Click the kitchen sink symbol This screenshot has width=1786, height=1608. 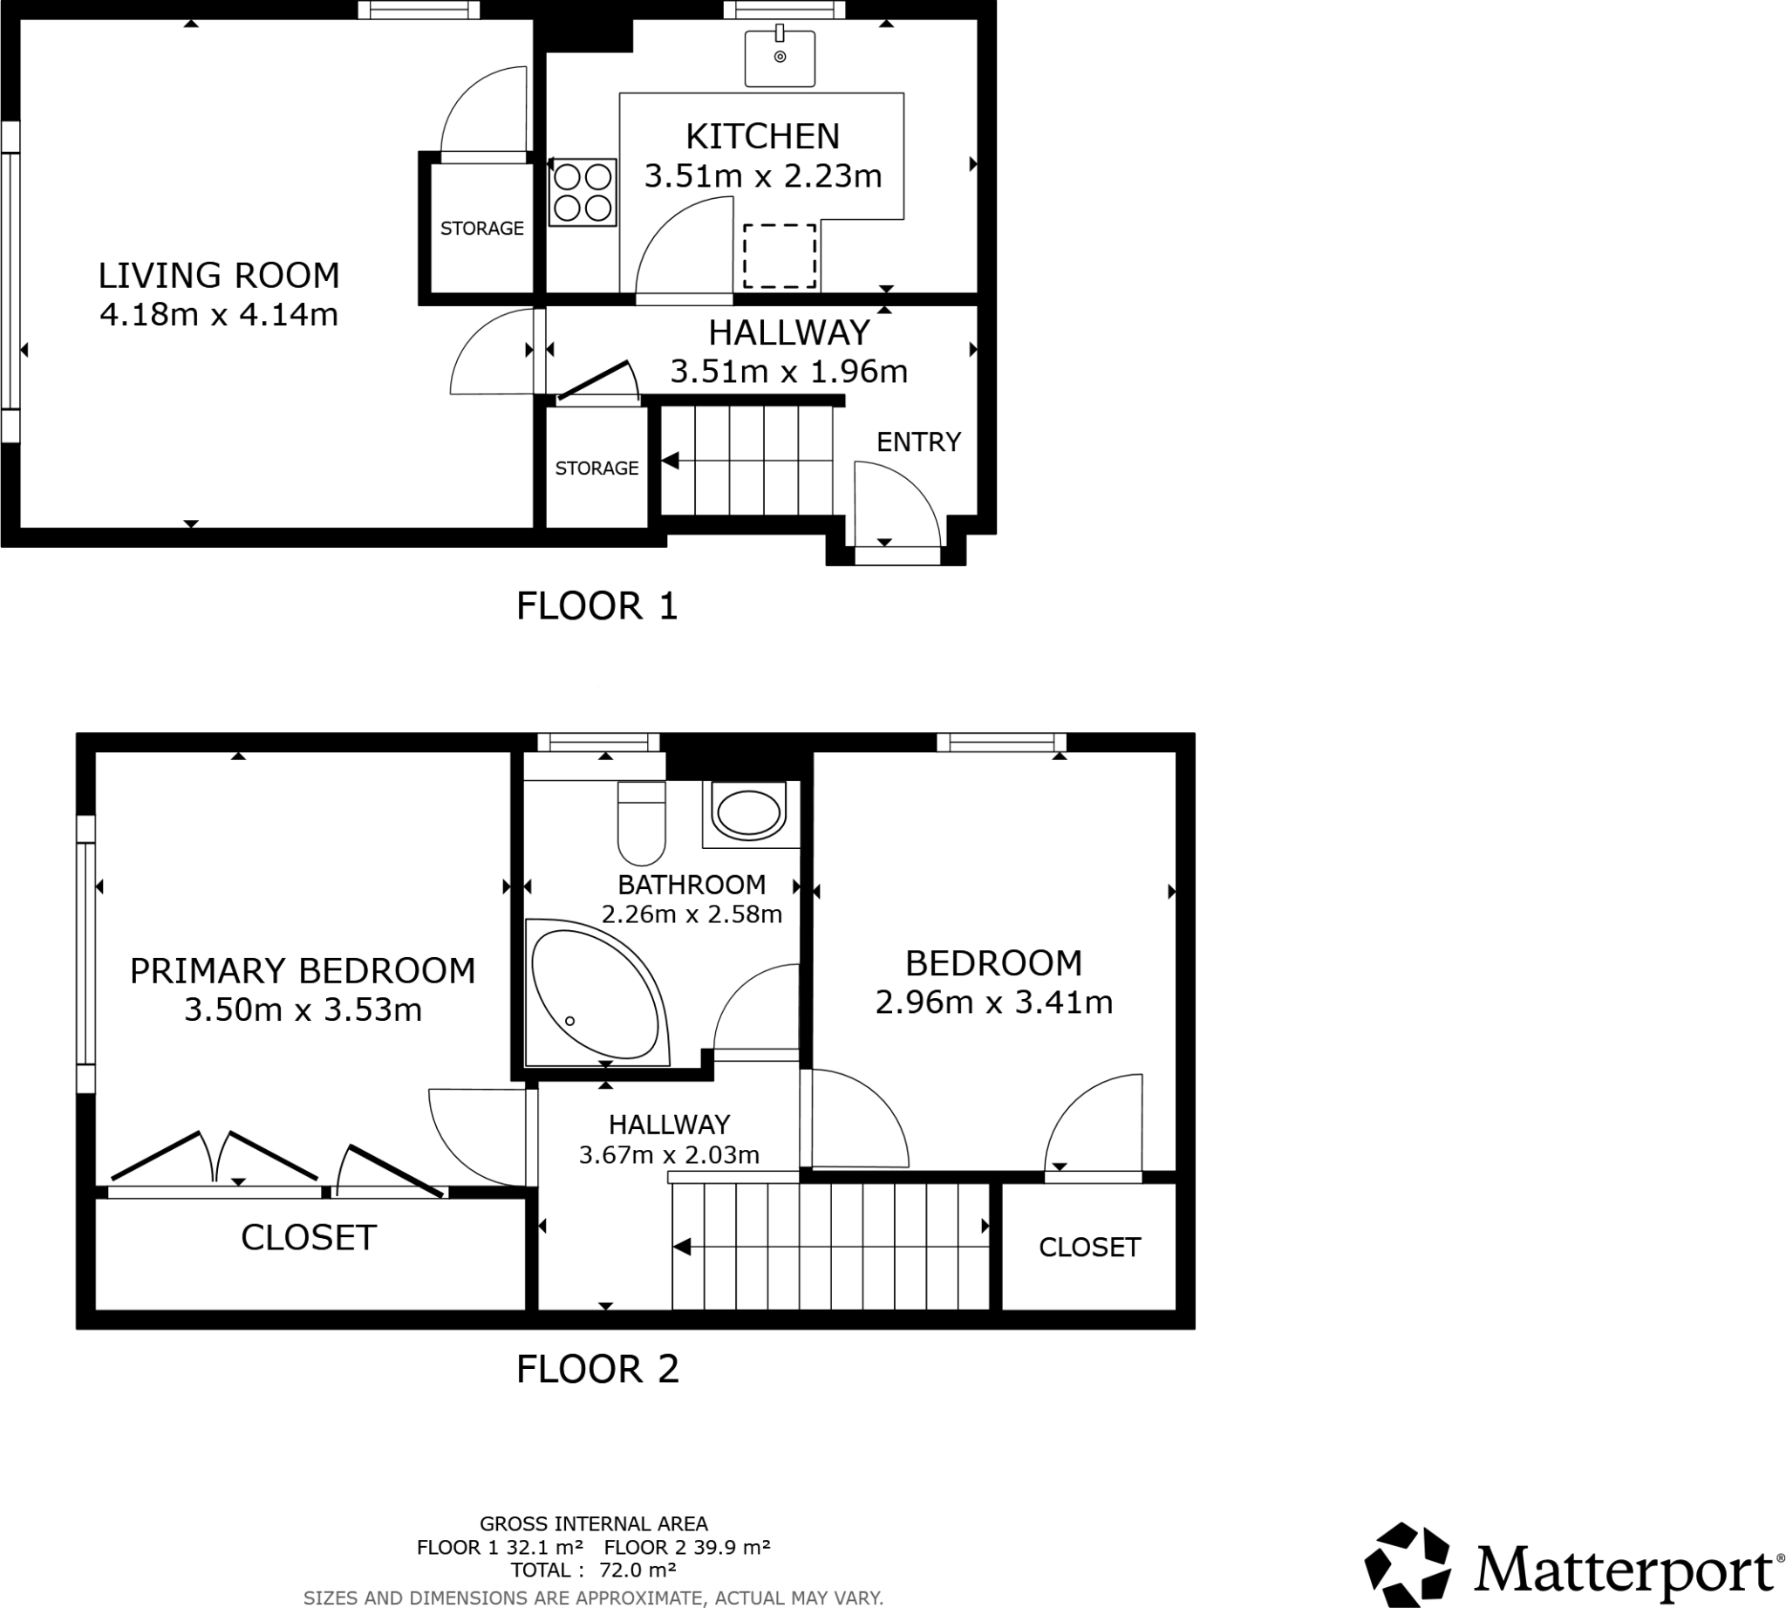[x=779, y=58]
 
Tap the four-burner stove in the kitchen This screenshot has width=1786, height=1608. [x=582, y=193]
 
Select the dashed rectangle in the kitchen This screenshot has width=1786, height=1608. [x=779, y=257]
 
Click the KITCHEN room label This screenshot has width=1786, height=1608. [x=762, y=137]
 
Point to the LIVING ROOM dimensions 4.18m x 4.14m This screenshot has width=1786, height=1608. [x=219, y=314]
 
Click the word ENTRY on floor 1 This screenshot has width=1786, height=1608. [x=917, y=441]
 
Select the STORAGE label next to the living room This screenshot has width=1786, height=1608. [x=481, y=229]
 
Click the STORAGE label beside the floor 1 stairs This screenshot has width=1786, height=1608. [x=596, y=469]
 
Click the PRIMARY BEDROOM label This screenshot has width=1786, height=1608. [x=302, y=971]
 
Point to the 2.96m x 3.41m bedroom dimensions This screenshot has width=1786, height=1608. [x=993, y=1002]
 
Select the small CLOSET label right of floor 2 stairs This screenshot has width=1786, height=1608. [x=1089, y=1248]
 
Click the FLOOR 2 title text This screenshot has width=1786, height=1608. [x=597, y=1370]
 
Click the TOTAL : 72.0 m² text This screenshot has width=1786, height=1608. [x=594, y=1570]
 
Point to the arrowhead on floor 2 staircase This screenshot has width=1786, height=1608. [x=681, y=1247]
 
